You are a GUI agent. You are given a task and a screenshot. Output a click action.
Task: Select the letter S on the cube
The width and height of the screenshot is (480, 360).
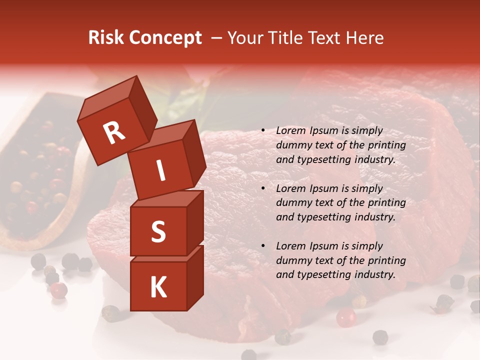point(158,231)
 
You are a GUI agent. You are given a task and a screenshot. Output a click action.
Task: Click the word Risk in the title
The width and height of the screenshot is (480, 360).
point(105,38)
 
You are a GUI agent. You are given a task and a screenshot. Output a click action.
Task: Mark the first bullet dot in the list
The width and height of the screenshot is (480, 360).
point(263,131)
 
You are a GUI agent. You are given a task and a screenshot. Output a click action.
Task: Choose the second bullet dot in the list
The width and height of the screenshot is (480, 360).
point(263,189)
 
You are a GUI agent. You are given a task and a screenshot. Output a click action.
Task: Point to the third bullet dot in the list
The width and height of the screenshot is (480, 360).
point(263,246)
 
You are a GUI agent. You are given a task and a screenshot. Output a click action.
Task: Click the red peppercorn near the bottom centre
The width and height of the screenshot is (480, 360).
point(345,317)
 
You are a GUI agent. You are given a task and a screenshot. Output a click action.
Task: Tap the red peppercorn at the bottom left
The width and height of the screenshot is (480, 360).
point(58,290)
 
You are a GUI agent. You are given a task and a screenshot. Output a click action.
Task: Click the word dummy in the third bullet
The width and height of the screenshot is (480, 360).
point(293,260)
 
